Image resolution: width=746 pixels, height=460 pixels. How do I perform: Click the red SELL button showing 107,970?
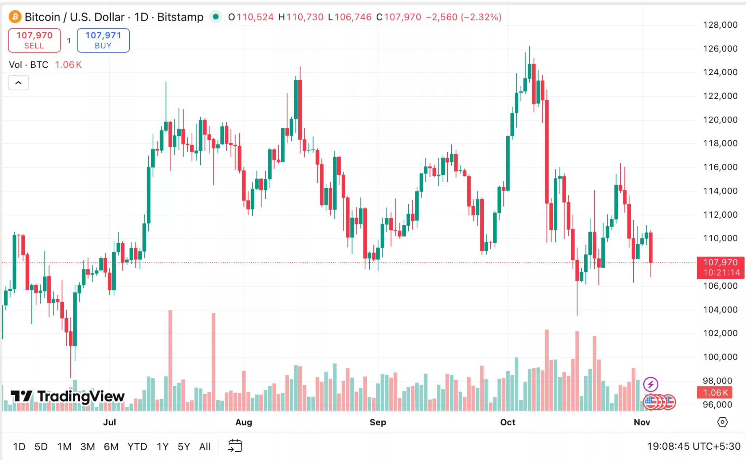point(34,40)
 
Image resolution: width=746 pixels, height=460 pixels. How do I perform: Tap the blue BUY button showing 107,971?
point(103,40)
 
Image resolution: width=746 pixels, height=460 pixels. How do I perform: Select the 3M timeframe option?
point(87,447)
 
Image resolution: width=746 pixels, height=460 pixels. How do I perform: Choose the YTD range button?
point(137,447)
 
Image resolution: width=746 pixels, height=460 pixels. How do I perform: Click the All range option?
point(205,447)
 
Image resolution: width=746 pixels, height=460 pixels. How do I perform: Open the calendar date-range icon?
point(235,446)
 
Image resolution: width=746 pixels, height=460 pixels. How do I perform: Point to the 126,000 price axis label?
point(720,48)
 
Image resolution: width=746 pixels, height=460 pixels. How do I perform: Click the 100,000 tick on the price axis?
point(720,357)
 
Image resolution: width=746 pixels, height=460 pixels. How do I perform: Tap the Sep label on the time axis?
point(378,422)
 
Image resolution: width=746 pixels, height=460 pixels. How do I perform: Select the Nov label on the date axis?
point(641,422)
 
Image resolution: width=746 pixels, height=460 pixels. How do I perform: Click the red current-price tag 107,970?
point(720,267)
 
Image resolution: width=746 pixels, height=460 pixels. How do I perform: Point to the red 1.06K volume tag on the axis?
point(715,393)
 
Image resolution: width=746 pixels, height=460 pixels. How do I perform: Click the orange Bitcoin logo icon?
point(15,17)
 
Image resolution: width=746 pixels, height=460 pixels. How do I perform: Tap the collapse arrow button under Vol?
point(18,83)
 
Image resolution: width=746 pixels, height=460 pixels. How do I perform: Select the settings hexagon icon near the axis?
point(722,422)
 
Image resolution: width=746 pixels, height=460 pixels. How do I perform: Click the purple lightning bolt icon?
point(651,384)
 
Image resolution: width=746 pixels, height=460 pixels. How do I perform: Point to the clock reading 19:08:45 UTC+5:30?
point(693,447)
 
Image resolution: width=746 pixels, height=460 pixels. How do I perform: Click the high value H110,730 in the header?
point(301,17)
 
